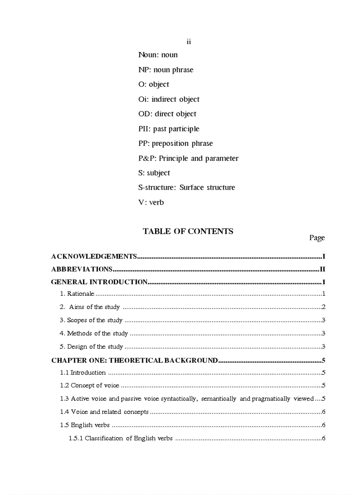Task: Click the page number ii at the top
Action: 188,42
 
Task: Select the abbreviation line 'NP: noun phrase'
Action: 165,70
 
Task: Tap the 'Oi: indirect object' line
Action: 169,99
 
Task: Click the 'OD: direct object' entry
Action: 167,114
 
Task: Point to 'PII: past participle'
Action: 169,129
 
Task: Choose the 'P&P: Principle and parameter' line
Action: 188,158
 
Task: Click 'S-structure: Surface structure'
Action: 186,187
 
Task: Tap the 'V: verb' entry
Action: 151,202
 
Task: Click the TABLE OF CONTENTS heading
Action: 188,231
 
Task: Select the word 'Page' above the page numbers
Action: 317,238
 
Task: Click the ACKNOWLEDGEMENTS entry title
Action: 94,256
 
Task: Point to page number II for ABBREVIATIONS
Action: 322,269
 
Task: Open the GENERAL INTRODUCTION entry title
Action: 99,282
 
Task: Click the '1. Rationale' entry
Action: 77,294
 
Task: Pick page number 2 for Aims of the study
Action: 323,307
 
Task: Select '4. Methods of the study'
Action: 94,333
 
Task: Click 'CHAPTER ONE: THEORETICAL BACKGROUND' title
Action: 135,360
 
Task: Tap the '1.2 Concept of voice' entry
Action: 90,385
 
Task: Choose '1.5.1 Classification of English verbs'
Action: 120,438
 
